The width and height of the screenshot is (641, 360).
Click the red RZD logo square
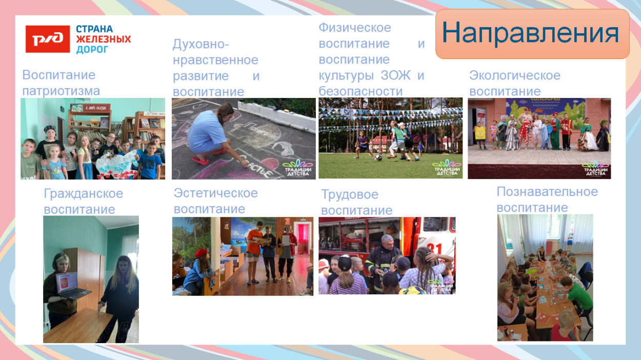[48, 39]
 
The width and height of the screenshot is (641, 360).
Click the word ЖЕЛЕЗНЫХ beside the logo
[104, 39]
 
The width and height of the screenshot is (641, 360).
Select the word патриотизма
[61, 91]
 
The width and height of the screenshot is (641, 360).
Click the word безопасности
[360, 91]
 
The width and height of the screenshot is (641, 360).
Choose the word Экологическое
[514, 75]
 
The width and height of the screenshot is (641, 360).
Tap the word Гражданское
[83, 193]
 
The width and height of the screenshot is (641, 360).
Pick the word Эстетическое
[215, 193]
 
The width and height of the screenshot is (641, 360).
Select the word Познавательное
[547, 191]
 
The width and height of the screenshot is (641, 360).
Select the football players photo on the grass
[390, 138]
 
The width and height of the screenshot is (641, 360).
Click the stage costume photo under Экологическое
[538, 138]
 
